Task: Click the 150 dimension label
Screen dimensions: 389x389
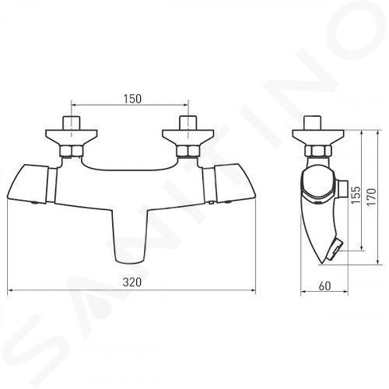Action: click(132, 99)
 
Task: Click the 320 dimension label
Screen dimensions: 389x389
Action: click(132, 282)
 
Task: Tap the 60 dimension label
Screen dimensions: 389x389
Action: click(324, 286)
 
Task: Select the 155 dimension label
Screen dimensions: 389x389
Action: click(356, 194)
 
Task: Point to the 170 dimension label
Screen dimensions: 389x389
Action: click(372, 197)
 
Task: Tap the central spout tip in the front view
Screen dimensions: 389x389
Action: click(129, 260)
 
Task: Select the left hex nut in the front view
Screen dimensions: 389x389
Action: click(71, 151)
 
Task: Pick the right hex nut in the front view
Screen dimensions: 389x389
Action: click(187, 151)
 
